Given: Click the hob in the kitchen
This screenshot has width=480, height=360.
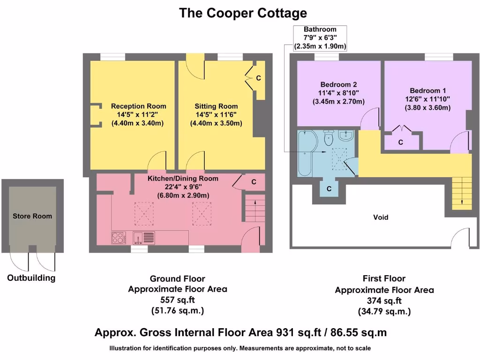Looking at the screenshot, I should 119,238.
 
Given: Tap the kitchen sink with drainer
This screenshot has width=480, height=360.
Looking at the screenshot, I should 143,238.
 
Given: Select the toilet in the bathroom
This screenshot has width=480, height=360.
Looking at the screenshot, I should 328,138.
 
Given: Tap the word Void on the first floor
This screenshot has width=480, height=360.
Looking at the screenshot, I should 381,217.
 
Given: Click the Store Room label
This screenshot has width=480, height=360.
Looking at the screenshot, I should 32,216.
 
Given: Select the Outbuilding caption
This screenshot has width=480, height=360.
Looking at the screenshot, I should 31,278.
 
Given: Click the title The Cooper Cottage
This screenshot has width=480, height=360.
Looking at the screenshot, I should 243,13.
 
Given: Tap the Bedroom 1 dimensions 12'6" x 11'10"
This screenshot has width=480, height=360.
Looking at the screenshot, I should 427,99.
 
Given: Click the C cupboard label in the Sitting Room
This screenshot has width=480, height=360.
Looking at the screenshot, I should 258,78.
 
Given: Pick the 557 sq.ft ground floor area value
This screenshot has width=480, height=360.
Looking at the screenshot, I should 177,300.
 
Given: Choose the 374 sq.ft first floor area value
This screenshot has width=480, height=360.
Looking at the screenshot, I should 384,301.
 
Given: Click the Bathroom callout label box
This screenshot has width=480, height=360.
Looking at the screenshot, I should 320,38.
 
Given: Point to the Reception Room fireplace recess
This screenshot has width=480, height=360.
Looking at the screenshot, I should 95,115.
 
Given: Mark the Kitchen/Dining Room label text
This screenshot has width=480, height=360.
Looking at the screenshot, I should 183,179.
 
